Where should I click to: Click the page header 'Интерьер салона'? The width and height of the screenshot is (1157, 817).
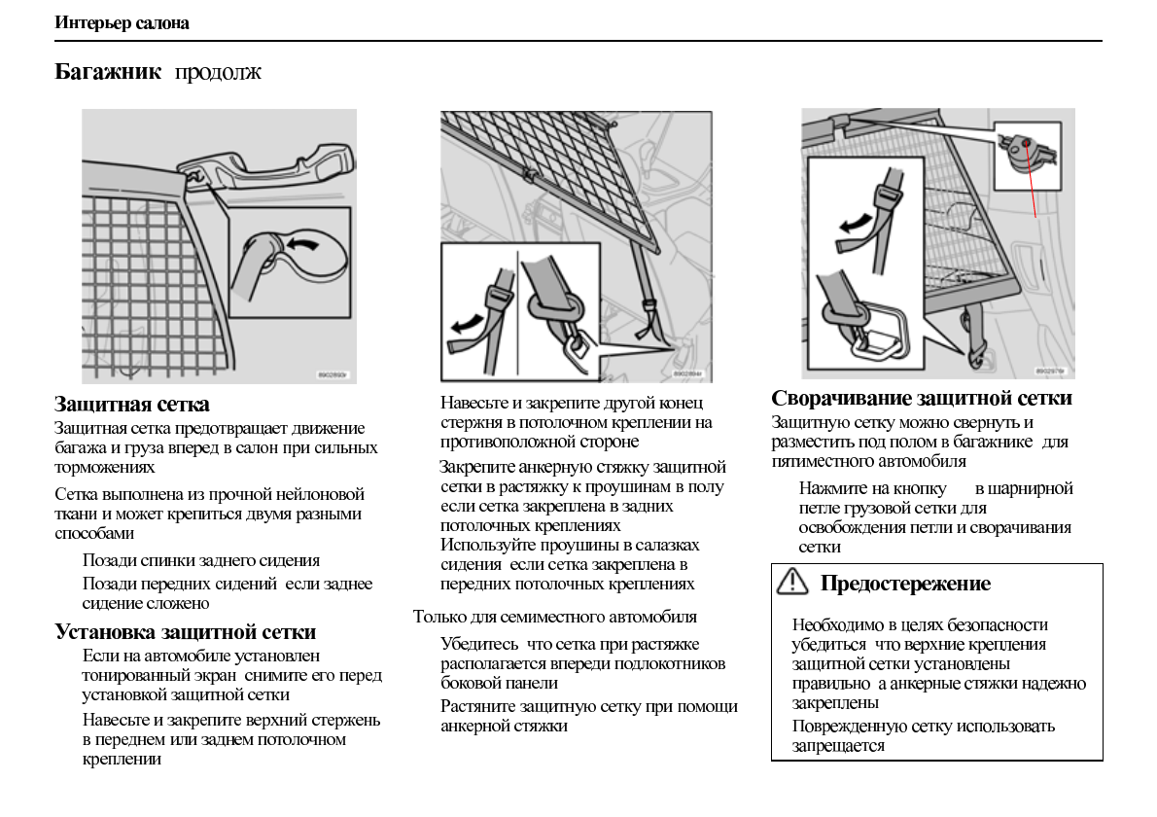click(x=122, y=23)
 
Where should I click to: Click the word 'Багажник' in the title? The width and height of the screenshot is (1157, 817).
click(x=108, y=72)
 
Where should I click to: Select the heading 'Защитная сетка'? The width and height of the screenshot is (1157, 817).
click(x=132, y=404)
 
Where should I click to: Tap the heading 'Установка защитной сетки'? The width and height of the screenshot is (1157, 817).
click(x=185, y=632)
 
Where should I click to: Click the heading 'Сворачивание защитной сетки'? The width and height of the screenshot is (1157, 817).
click(x=922, y=398)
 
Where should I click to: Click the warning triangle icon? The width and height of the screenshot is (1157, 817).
click(x=793, y=582)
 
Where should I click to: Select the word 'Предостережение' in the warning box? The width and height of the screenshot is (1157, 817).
click(x=905, y=584)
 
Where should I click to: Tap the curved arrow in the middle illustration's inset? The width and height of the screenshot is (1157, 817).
click(x=466, y=321)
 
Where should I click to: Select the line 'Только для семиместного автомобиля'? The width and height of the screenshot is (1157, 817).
click(x=554, y=617)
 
